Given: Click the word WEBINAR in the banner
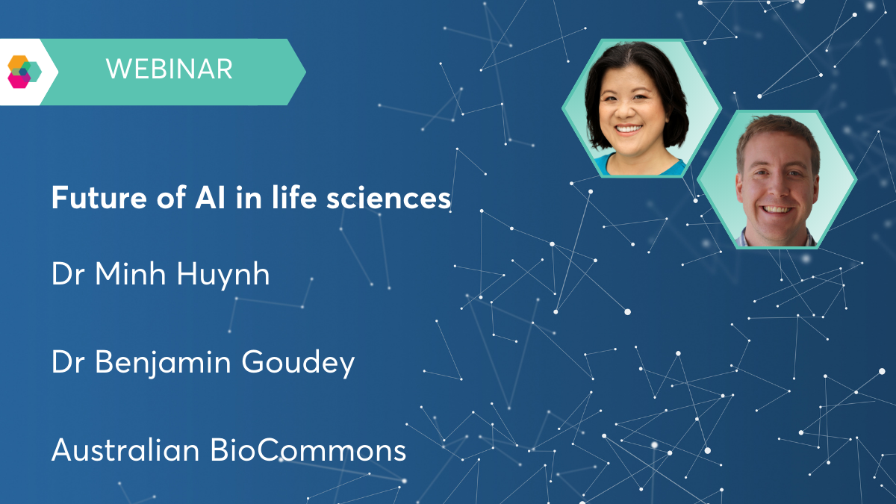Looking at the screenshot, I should (x=169, y=69).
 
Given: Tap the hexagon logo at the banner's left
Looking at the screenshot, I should (x=22, y=72).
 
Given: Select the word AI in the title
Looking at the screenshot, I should (x=190, y=199).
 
